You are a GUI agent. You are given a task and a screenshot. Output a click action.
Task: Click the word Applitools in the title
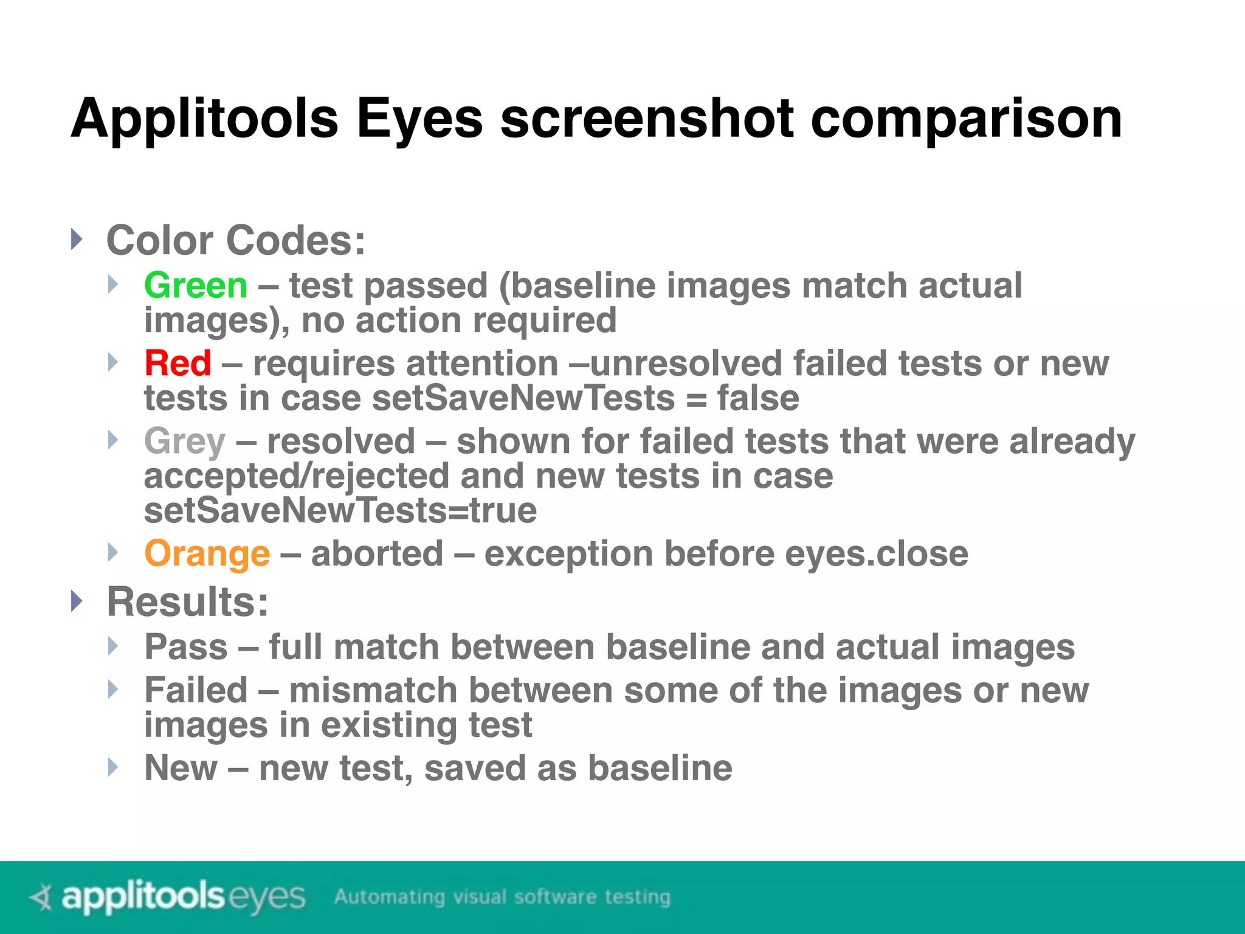[x=204, y=119]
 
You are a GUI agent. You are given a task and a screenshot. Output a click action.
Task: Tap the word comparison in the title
[x=966, y=119]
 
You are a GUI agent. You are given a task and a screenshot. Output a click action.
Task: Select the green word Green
[x=196, y=285]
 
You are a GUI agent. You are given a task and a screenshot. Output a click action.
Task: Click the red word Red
[x=178, y=363]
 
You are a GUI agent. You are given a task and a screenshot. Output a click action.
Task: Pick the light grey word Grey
[x=185, y=441]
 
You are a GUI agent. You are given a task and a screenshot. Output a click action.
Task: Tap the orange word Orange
[x=207, y=553]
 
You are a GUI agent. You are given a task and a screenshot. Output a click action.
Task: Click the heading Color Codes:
[x=236, y=240]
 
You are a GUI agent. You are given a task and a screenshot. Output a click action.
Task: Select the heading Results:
[x=187, y=602]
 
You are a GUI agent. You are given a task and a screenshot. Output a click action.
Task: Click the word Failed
[x=196, y=690]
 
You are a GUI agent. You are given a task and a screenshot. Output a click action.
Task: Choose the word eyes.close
[x=877, y=553]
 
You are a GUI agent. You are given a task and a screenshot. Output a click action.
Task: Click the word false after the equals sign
[x=758, y=398]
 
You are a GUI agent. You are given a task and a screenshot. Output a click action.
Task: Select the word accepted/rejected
[x=296, y=476]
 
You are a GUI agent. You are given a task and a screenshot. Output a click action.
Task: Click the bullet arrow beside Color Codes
[x=76, y=239]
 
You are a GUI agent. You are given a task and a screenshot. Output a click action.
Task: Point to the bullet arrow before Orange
[x=112, y=552]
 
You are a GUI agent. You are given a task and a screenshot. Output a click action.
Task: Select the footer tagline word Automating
[x=390, y=897]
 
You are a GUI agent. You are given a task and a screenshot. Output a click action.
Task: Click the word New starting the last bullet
[x=181, y=767]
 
